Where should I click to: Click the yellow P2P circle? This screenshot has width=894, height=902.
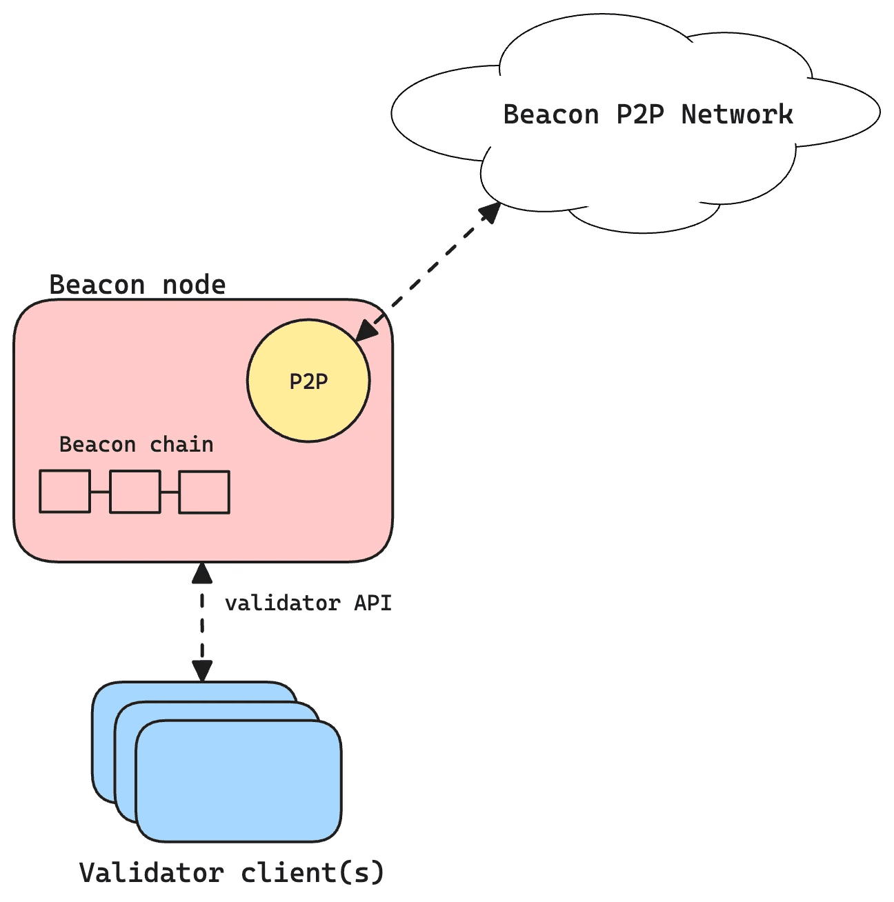click(308, 381)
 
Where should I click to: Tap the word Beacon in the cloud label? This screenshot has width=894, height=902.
click(550, 114)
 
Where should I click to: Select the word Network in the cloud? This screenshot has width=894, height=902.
click(737, 114)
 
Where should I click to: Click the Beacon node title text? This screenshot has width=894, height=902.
click(137, 285)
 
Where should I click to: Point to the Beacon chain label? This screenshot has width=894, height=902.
click(136, 445)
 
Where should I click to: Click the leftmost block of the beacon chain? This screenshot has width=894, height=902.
click(65, 492)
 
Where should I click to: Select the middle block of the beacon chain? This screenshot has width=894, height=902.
click(135, 492)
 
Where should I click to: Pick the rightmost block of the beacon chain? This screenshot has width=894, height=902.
click(204, 492)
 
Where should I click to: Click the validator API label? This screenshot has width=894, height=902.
click(308, 603)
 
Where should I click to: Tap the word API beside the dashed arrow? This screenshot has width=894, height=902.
click(372, 603)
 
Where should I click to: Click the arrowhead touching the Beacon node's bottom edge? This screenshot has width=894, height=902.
click(202, 573)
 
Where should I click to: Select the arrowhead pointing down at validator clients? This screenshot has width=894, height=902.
click(202, 670)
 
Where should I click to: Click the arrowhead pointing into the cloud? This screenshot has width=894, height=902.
click(490, 212)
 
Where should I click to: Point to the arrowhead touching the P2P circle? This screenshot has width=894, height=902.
click(366, 330)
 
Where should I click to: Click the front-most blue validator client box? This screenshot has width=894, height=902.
click(239, 781)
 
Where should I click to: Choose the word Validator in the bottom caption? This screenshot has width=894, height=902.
click(151, 873)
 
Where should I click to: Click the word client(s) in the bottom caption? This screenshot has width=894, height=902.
click(312, 873)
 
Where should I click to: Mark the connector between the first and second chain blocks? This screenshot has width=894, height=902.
click(100, 492)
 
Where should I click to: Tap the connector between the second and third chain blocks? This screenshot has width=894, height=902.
click(170, 492)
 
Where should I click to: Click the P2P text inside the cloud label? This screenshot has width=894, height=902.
click(639, 114)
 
